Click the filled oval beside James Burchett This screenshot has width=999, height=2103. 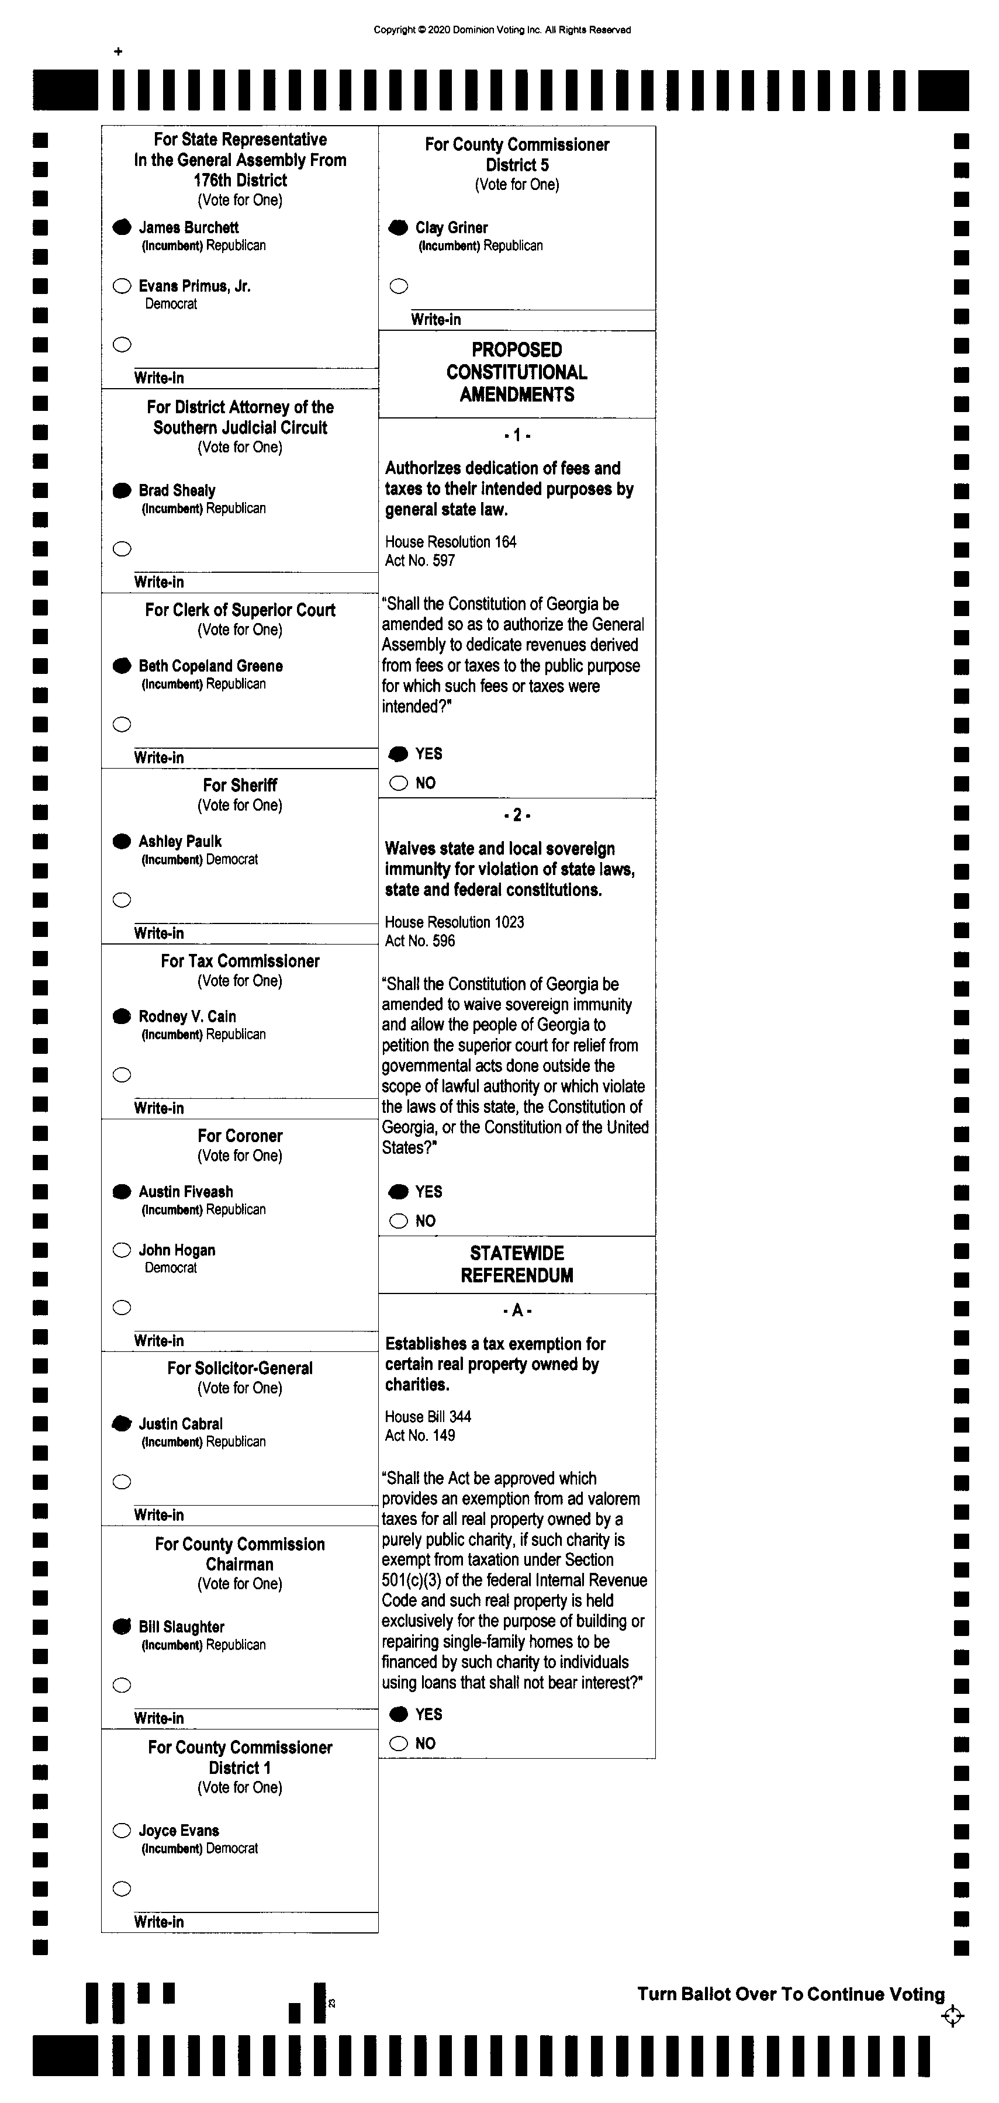click(122, 227)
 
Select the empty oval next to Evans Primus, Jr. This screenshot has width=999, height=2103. click(122, 286)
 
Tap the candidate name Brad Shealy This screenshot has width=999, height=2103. click(177, 490)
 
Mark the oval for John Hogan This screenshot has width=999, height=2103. click(122, 1250)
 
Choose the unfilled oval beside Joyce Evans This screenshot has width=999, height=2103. click(122, 1830)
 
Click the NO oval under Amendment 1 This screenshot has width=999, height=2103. click(398, 783)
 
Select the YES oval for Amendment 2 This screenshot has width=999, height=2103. click(398, 1192)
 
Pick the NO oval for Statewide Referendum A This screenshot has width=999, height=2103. click(398, 1743)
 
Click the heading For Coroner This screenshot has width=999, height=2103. click(240, 1136)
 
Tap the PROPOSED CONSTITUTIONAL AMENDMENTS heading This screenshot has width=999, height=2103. click(517, 372)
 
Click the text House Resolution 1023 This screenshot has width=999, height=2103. click(454, 922)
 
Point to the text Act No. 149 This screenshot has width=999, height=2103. click(420, 1435)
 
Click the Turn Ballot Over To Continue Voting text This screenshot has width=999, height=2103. click(790, 1994)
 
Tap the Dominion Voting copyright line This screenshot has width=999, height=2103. click(502, 30)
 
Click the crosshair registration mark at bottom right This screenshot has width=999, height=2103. click(952, 2016)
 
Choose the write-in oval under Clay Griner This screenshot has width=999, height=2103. click(398, 286)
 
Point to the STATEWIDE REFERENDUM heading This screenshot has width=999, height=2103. click(517, 1264)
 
